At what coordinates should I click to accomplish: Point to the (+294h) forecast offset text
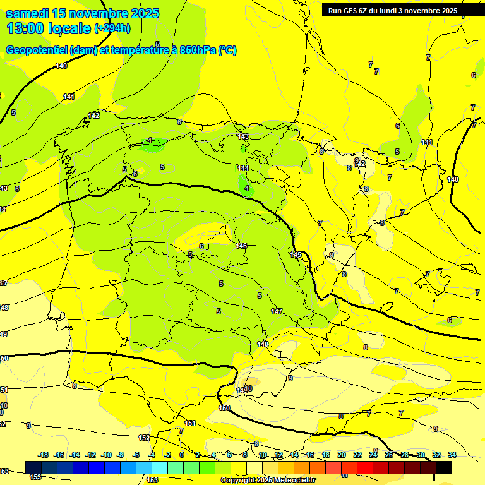pyautogui.click(x=112, y=28)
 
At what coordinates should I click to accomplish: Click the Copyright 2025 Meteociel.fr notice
pyautogui.click(x=268, y=481)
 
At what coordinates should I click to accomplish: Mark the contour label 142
pyautogui.click(x=93, y=116)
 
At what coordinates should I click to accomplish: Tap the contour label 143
pyautogui.click(x=243, y=136)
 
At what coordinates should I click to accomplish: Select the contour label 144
pyautogui.click(x=243, y=168)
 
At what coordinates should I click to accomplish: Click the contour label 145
pyautogui.click(x=296, y=254)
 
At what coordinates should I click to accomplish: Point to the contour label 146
pyautogui.click(x=241, y=246)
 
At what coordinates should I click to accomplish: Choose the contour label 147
pyautogui.click(x=277, y=312)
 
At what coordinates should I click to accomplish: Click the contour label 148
pyautogui.click(x=263, y=344)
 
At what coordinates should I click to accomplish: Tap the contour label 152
pyautogui.click(x=144, y=438)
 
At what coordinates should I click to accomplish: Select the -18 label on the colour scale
pyautogui.click(x=44, y=455)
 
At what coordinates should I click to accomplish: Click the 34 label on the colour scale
pyautogui.click(x=452, y=455)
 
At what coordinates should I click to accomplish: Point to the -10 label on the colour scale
pyautogui.click(x=105, y=455)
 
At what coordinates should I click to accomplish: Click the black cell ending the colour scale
pyautogui.click(x=444, y=467)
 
